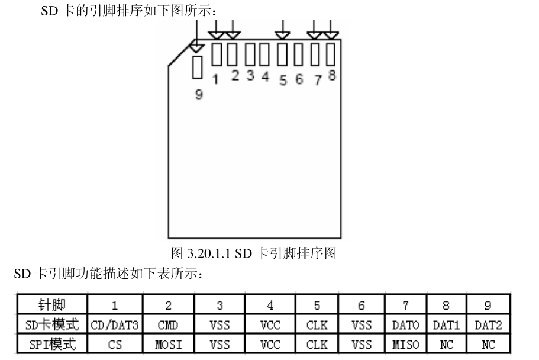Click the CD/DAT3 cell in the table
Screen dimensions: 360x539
coord(114,325)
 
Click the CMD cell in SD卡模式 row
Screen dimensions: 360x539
coord(168,325)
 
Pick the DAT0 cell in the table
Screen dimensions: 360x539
coord(405,325)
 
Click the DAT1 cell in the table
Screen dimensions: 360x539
coord(446,325)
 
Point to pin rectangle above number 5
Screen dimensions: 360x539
coord(283,54)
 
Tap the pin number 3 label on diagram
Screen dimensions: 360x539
coord(250,75)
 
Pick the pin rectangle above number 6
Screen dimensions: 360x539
coord(299,54)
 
